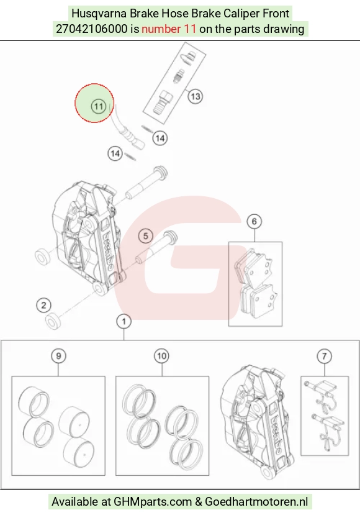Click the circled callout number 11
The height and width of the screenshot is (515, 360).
(98, 106)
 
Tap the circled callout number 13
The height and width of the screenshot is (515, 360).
(196, 96)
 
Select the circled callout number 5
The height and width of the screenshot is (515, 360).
(146, 236)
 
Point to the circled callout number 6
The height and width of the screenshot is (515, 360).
(254, 222)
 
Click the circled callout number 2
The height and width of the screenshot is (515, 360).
(43, 305)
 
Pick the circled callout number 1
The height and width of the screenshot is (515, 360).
(124, 321)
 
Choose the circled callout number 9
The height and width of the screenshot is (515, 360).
(58, 356)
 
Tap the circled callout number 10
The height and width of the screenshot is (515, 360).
(162, 356)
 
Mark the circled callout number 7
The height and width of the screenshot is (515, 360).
(324, 356)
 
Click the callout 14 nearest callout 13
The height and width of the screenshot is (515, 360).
(160, 138)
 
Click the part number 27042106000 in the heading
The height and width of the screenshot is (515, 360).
(92, 29)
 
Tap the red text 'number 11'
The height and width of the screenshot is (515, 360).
(169, 29)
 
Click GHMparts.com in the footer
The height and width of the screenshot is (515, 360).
(153, 501)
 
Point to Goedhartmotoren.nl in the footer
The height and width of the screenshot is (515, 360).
(256, 501)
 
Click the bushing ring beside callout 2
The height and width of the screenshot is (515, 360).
(53, 321)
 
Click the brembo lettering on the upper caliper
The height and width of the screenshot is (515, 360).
(108, 251)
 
